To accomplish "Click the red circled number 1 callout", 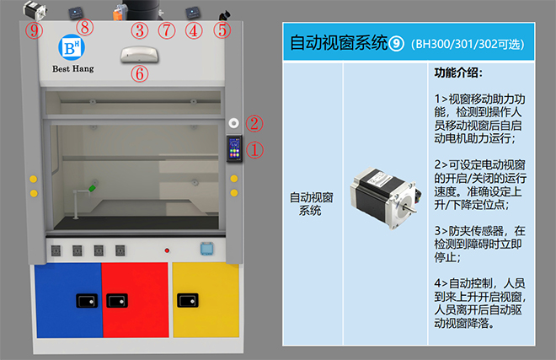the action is tap(254, 150).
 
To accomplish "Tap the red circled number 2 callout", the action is tap(254, 123).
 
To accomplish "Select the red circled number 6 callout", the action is tap(140, 74).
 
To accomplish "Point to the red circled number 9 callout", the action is tap(34, 30).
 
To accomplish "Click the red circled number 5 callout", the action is tap(222, 30).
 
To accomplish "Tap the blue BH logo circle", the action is tap(72, 47).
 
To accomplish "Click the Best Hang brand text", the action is tap(73, 68).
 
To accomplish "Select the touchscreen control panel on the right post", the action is tap(234, 148).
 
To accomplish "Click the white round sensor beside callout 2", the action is tap(233, 123).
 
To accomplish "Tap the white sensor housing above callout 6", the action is tap(139, 55).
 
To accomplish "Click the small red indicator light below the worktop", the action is tap(167, 250).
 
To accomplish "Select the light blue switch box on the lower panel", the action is tap(206, 248).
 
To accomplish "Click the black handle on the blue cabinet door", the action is tap(87, 301).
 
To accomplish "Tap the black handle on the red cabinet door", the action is tap(117, 301).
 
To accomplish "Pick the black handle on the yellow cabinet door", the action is tap(188, 300).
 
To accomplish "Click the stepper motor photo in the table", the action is tap(386, 197).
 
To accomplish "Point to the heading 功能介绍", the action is tap(458, 73).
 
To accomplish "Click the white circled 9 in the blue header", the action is tap(396, 44).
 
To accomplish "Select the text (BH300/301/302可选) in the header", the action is tap(468, 45).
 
